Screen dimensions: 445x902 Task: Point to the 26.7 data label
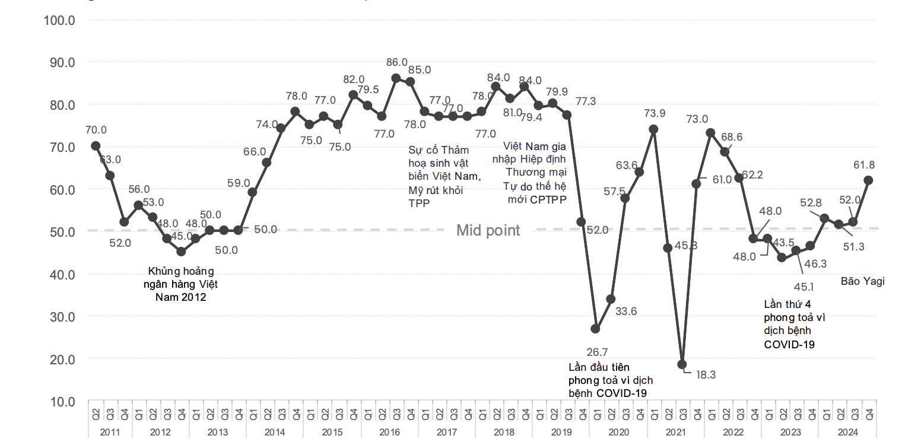point(596,352)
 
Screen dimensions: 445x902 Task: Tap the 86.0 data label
point(396,62)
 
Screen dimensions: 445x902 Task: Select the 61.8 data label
point(863,165)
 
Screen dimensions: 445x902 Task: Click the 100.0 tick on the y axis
point(59,20)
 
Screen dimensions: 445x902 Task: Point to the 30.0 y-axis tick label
point(59,317)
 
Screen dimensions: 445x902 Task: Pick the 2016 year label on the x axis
point(389,433)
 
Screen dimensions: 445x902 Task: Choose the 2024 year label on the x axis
point(848,433)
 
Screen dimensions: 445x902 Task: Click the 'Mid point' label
point(488,231)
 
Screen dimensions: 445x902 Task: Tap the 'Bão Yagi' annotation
point(862,281)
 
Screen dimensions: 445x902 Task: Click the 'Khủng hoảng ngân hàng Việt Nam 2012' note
point(180,284)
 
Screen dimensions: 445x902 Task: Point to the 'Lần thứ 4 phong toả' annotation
point(794,324)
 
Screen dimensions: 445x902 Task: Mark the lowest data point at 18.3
point(682,364)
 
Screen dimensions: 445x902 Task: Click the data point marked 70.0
point(96,145)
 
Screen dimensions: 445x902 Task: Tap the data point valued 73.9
point(653,129)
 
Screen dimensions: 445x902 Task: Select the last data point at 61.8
point(868,180)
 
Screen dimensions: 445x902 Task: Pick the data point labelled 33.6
point(611,299)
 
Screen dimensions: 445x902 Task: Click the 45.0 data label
point(182,236)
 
